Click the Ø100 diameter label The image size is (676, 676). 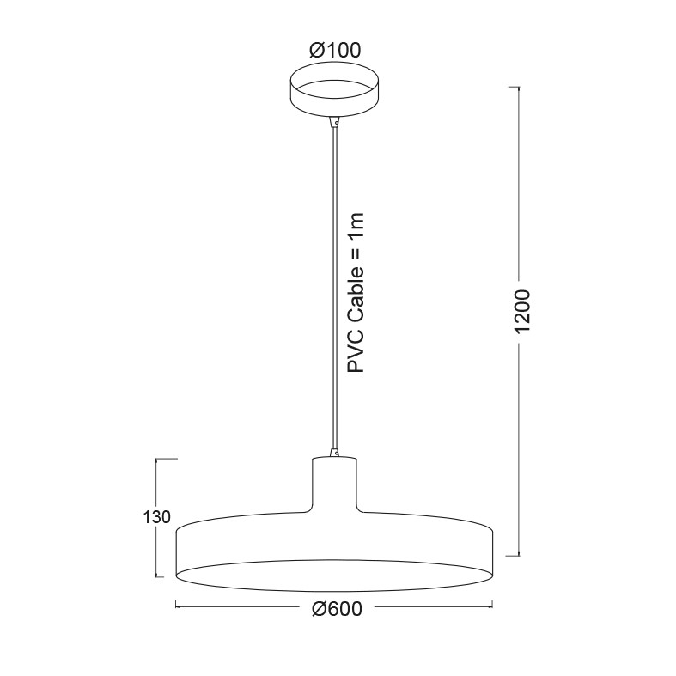(335, 51)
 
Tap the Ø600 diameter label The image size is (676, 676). (337, 609)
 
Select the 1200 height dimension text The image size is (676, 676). (522, 312)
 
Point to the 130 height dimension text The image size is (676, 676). (157, 517)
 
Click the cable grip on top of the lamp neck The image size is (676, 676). (334, 452)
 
